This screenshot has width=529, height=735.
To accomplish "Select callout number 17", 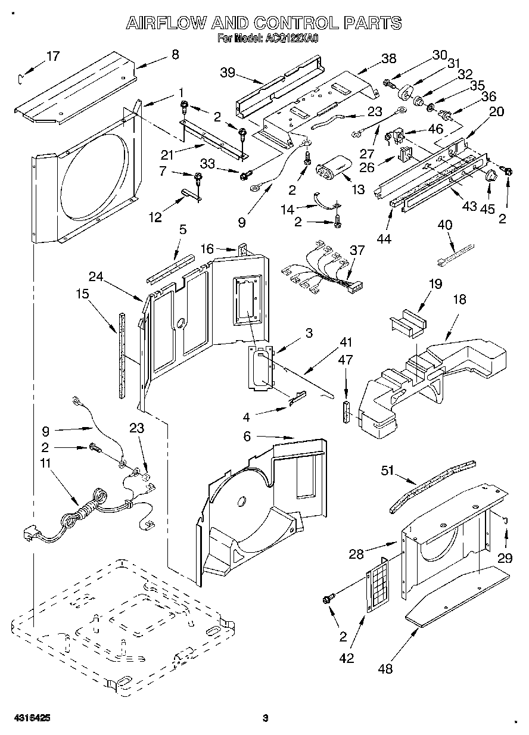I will coord(53,57).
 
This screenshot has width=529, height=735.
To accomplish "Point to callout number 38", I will coord(388,58).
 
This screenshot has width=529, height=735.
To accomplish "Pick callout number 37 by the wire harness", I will coord(356,250).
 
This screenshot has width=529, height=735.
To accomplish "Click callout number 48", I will coord(385,669).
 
